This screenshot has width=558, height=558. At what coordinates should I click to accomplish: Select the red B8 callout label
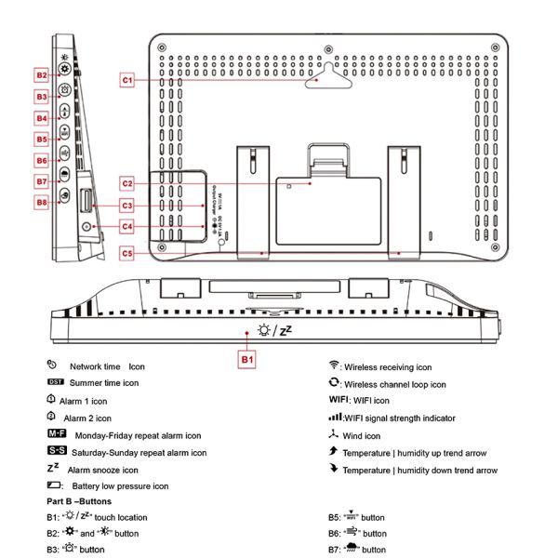click(42, 202)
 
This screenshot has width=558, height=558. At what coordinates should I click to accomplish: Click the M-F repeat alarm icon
click(56, 434)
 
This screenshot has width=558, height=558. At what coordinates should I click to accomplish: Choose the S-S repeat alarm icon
click(56, 451)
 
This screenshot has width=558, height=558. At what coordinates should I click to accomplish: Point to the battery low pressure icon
click(54, 485)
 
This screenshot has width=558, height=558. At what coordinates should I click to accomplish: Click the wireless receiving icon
click(333, 366)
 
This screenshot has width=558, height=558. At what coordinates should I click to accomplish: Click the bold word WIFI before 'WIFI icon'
click(339, 401)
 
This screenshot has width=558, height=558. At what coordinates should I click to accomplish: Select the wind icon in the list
click(333, 435)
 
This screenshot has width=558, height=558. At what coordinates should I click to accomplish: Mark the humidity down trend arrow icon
click(333, 469)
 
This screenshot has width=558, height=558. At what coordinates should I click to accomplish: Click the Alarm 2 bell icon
click(52, 417)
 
